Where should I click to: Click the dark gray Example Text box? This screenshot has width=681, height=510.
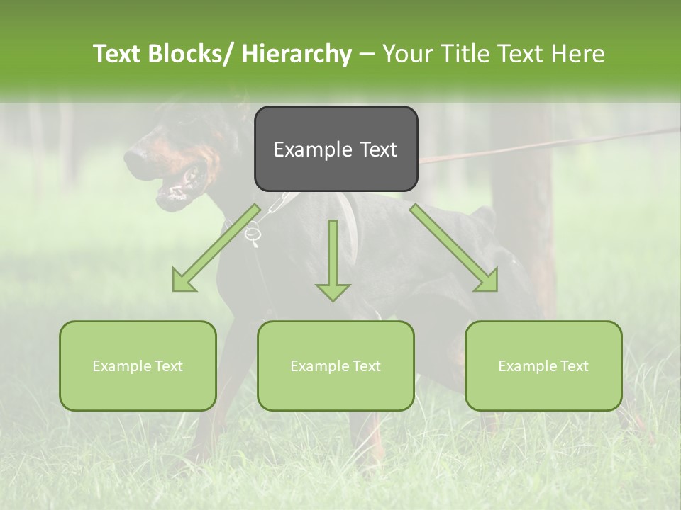(336, 149)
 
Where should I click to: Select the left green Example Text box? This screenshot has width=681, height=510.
(138, 365)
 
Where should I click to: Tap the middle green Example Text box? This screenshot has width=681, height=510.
(336, 365)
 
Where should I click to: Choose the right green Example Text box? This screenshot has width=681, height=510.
(543, 365)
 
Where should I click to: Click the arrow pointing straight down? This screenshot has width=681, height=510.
(333, 262)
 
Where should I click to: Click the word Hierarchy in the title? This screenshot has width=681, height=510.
(296, 55)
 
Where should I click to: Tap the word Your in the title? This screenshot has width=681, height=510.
(406, 54)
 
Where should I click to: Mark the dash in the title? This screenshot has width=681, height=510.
(367, 55)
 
